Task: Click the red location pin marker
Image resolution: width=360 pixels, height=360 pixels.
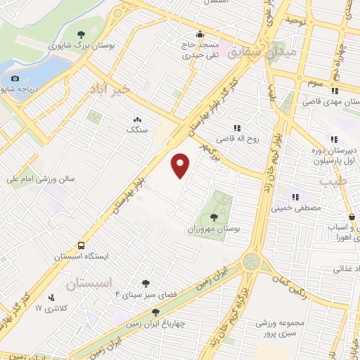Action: point(181,165)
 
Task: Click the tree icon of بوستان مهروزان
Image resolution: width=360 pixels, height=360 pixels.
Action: point(213,219)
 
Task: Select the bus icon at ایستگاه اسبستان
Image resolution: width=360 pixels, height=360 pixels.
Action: point(82,246)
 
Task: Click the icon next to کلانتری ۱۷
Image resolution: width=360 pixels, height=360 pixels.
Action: point(51,298)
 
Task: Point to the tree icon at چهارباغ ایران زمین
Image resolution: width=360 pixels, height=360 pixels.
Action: point(155,311)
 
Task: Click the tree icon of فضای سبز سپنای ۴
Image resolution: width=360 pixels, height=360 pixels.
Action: point(146,284)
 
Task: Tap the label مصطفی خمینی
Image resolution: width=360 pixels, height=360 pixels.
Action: point(301,208)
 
